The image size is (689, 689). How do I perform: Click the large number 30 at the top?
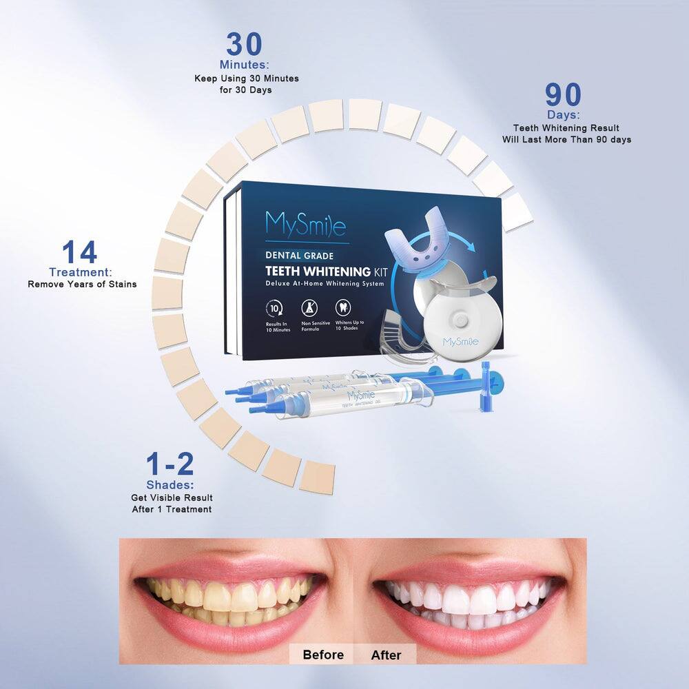click(244, 45)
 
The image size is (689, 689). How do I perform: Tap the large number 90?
click(563, 95)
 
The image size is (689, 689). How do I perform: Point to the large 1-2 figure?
click(170, 464)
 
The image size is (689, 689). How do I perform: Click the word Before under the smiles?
click(323, 655)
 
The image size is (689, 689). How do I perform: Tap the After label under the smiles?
click(386, 655)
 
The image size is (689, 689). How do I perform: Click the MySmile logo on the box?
click(305, 223)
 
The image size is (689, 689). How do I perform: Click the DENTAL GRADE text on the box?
click(299, 256)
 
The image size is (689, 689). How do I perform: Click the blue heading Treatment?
click(81, 273)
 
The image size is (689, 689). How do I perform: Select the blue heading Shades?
click(170, 485)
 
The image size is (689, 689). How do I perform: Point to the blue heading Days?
click(563, 115)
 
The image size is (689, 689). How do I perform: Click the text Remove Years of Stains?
click(82, 284)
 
